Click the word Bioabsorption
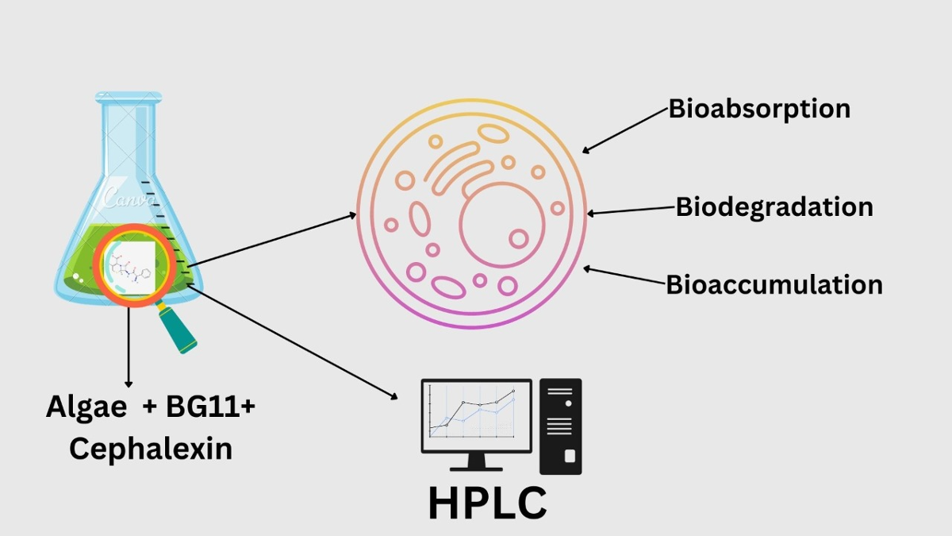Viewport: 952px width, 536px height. click(x=759, y=109)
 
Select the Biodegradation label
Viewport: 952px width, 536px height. click(x=774, y=207)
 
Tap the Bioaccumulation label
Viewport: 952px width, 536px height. click(x=774, y=284)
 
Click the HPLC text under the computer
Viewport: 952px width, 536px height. click(x=487, y=503)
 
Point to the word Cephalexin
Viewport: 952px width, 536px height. click(x=151, y=449)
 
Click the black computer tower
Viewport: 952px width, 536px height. click(x=560, y=426)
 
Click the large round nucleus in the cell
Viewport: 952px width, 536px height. click(x=502, y=225)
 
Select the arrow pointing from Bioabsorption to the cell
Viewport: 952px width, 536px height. click(x=625, y=130)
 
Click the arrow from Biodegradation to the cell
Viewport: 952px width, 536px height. click(x=631, y=210)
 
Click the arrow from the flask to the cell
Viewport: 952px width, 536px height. click(x=270, y=240)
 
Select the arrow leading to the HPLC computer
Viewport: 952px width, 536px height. click(x=294, y=341)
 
